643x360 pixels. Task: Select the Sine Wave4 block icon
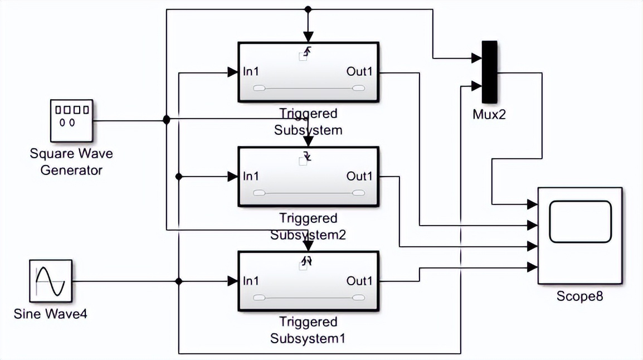(51, 281)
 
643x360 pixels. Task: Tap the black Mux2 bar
(489, 72)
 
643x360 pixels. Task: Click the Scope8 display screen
(580, 221)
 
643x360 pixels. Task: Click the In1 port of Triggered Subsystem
(251, 71)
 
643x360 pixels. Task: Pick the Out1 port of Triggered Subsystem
(359, 71)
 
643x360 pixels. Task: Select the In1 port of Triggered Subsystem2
(251, 176)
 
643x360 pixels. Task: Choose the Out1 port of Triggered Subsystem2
(359, 176)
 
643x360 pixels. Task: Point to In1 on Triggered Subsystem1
(251, 281)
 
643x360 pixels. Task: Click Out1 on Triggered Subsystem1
(359, 281)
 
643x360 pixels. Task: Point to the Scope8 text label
(579, 296)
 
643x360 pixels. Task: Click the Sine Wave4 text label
(50, 314)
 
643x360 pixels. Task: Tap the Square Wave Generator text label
(71, 162)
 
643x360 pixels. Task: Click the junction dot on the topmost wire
(308, 9)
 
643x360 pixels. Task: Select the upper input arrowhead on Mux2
(477, 57)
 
